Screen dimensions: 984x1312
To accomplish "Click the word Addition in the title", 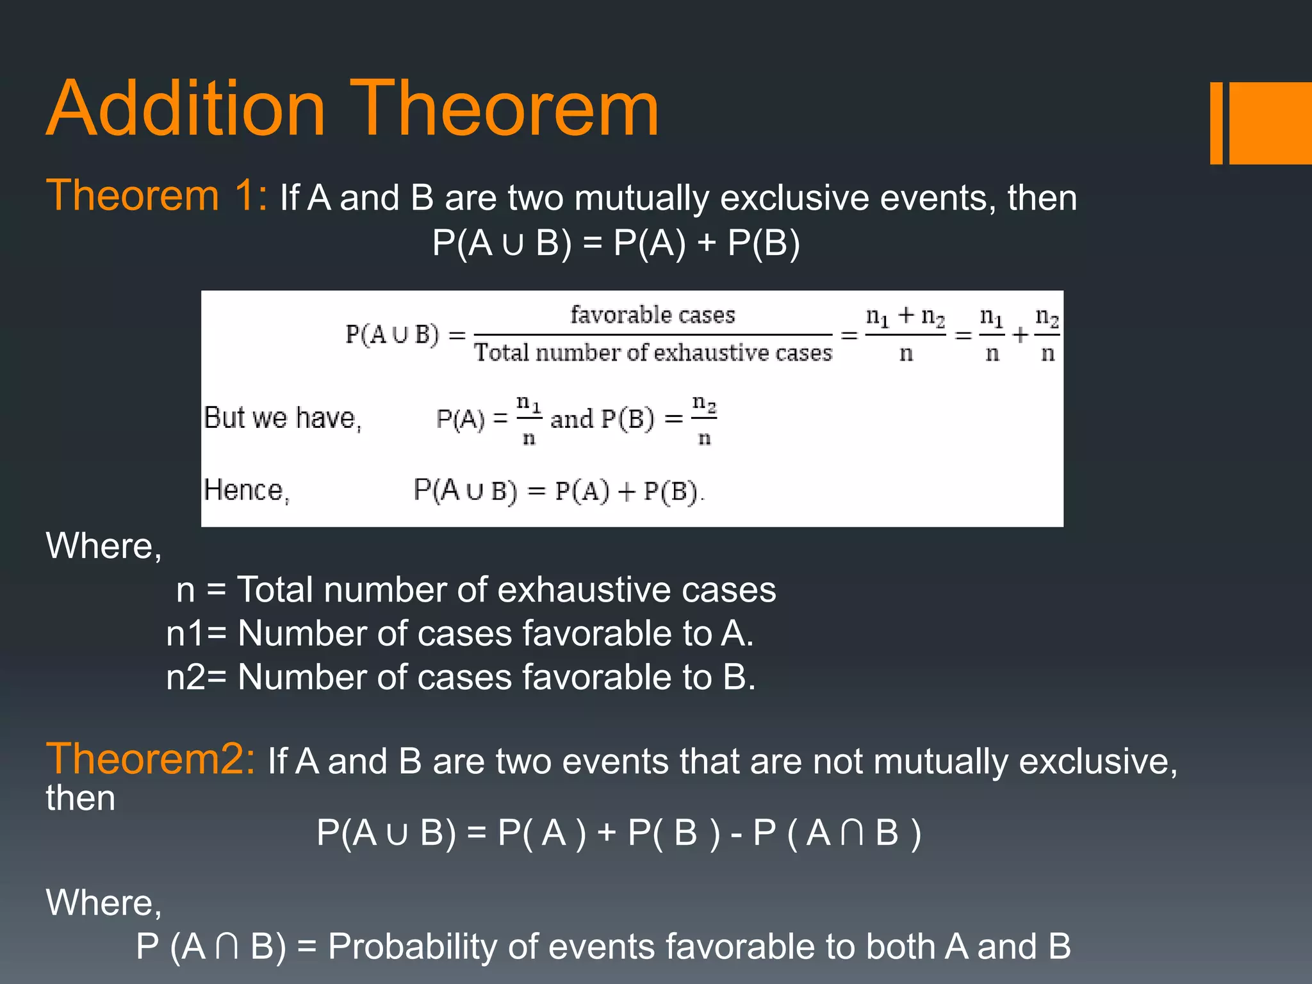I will (186, 109).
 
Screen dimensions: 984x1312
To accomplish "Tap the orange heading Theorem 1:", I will (156, 195).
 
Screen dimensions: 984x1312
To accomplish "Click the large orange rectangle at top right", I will (1270, 123).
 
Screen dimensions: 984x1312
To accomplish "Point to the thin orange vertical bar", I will (1216, 123).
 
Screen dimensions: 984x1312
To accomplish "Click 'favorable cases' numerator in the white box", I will (652, 315).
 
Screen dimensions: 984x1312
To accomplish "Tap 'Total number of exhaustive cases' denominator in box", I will (652, 353).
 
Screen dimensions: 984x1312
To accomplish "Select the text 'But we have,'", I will (283, 418).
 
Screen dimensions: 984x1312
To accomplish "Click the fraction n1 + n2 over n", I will (905, 334).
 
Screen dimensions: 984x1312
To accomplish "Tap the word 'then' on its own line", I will (81, 799).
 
